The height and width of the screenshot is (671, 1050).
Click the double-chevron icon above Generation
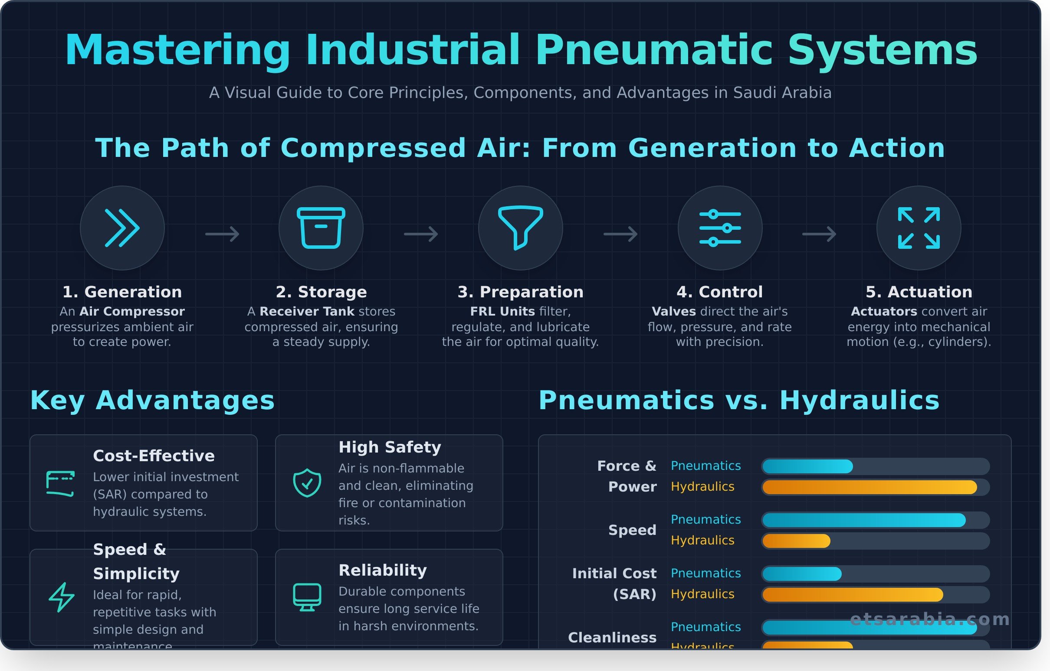(x=122, y=228)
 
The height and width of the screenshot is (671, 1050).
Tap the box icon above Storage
(x=321, y=228)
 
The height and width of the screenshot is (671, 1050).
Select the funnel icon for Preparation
(x=520, y=228)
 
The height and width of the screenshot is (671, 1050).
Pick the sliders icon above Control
(x=720, y=228)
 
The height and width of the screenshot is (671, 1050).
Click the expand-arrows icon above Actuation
(x=919, y=228)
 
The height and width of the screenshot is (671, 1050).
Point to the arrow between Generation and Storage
(x=223, y=234)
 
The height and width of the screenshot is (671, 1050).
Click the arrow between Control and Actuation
(x=819, y=234)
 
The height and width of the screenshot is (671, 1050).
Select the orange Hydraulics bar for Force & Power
(x=870, y=487)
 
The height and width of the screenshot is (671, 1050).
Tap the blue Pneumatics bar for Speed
(x=863, y=520)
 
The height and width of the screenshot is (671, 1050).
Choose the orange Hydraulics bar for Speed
(x=796, y=541)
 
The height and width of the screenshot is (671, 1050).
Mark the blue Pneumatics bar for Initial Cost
(x=801, y=574)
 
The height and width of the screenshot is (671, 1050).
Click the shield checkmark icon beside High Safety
(x=307, y=483)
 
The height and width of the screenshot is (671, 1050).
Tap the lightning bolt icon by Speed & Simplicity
(x=61, y=597)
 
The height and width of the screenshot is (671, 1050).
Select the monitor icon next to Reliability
(x=307, y=597)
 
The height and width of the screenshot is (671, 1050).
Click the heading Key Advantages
(x=152, y=400)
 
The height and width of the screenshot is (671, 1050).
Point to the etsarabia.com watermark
(x=930, y=619)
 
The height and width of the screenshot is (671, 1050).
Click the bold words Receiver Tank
(x=307, y=312)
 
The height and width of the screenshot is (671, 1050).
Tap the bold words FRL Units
(x=502, y=312)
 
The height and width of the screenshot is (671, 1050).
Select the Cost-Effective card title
(x=154, y=456)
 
